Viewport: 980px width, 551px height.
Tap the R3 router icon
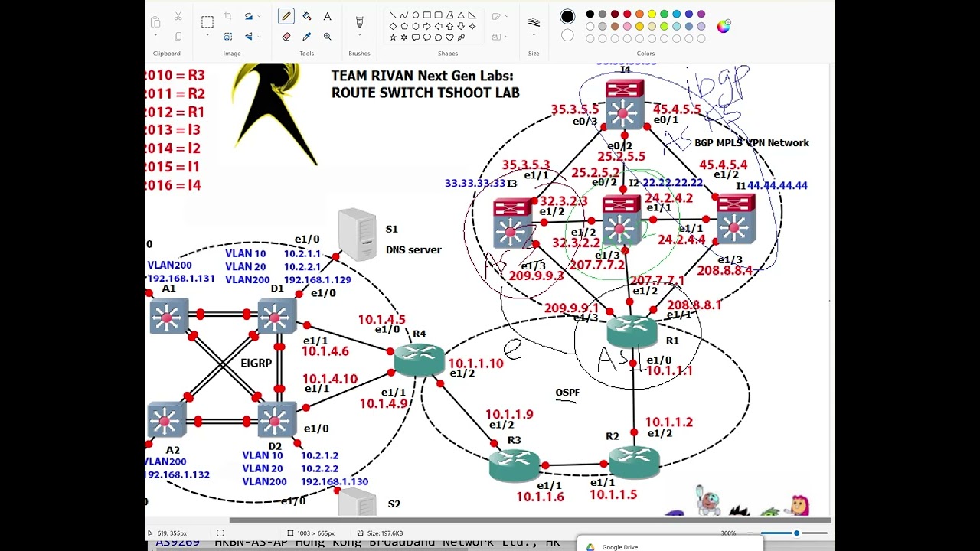[514, 465]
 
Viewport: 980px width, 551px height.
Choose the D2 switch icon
[276, 419]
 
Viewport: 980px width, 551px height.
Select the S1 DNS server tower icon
[357, 234]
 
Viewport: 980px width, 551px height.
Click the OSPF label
[567, 393]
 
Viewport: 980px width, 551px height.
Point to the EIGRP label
[256, 363]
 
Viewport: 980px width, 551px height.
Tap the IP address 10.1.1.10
[475, 364]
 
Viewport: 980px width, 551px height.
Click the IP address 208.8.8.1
[694, 305]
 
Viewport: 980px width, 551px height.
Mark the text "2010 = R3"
[175, 75]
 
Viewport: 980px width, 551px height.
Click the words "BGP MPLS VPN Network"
[751, 143]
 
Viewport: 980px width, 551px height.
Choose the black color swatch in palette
[590, 14]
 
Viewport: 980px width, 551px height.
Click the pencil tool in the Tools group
[286, 16]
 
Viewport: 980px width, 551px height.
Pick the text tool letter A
[327, 16]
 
